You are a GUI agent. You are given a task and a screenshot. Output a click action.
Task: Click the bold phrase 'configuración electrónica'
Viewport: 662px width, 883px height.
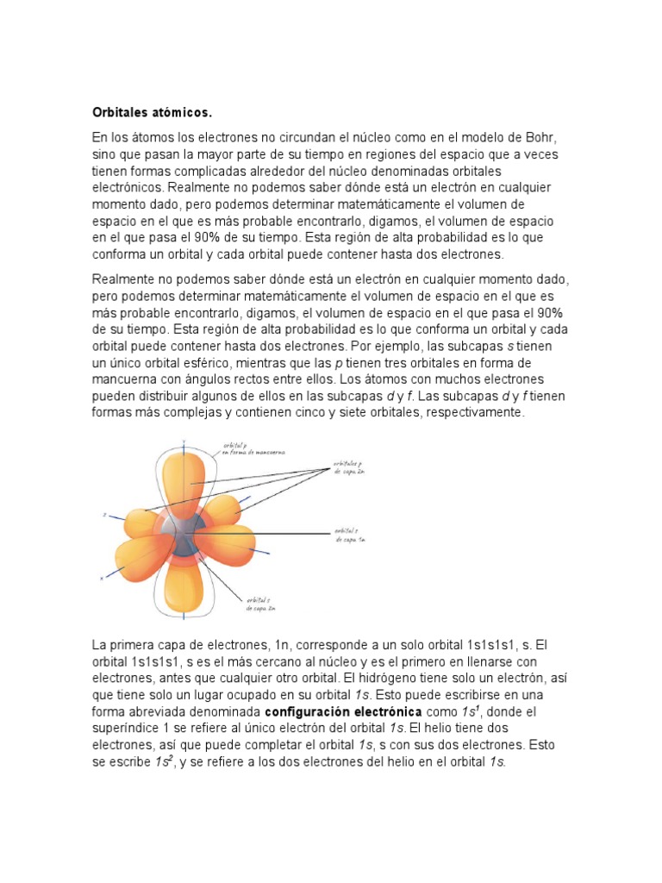click(x=342, y=712)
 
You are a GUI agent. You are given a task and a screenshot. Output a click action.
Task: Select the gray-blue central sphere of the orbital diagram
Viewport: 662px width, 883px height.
click(x=184, y=537)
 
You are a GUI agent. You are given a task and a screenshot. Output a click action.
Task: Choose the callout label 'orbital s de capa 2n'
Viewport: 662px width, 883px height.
click(x=260, y=603)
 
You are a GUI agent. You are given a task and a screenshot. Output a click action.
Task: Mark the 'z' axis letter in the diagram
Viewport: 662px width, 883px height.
click(x=104, y=515)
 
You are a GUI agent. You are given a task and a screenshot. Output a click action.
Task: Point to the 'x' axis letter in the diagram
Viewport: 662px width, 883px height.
click(x=102, y=579)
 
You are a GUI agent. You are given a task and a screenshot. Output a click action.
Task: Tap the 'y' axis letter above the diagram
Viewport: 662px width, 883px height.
click(x=183, y=441)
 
